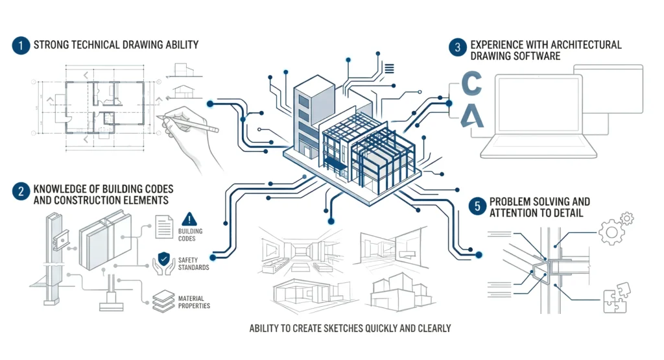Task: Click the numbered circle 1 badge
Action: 19,45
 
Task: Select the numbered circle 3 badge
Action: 457,47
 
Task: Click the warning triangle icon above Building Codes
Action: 189,219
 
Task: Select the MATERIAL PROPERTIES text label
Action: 194,302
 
